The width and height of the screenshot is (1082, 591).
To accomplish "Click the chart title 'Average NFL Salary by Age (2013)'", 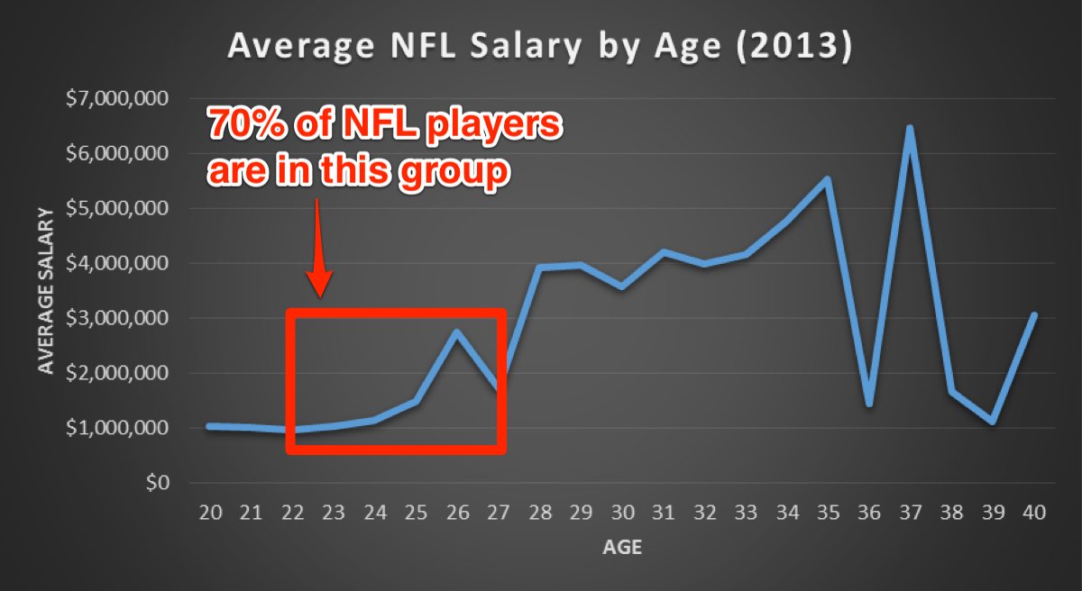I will coord(539,47).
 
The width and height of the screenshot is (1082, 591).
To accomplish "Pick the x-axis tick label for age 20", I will coord(211,513).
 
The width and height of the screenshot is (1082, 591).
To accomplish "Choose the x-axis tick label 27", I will coord(499,513).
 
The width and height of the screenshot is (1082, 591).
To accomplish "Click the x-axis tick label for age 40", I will coord(1034,513).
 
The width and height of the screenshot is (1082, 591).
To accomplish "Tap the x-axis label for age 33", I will coord(746,513).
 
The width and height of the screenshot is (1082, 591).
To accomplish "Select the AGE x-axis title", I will coord(622,547).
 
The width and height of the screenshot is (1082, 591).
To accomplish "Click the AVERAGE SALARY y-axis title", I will coord(45,290).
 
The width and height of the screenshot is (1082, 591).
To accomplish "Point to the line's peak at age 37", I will coord(910,128).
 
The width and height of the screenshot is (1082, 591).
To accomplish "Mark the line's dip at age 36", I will coord(869,404).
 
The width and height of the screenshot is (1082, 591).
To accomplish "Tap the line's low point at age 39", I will coord(992,422).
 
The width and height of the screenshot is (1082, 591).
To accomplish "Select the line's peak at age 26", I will coord(457,332).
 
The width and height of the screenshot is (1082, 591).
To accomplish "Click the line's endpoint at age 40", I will coord(1033,315).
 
